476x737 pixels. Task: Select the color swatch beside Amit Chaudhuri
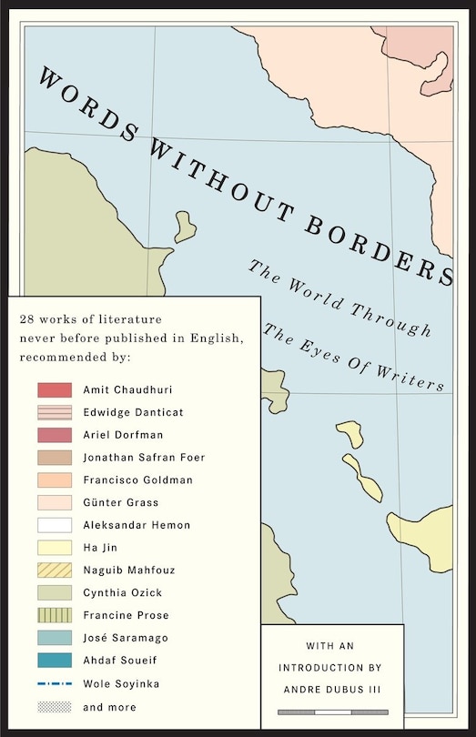pyautogui.click(x=55, y=389)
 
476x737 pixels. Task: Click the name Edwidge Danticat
pyautogui.click(x=133, y=412)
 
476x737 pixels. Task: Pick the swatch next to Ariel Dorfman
pyautogui.click(x=55, y=435)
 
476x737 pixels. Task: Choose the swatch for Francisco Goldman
pyautogui.click(x=55, y=480)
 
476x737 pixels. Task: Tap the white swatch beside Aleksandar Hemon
pyautogui.click(x=55, y=525)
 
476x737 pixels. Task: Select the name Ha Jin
pyautogui.click(x=101, y=548)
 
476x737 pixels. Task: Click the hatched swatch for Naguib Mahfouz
pyautogui.click(x=55, y=570)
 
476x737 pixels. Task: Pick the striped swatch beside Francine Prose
pyautogui.click(x=55, y=616)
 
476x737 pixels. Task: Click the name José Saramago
pyautogui.click(x=125, y=639)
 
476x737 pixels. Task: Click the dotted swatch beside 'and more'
pyautogui.click(x=55, y=707)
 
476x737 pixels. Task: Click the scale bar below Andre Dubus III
pyautogui.click(x=332, y=712)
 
